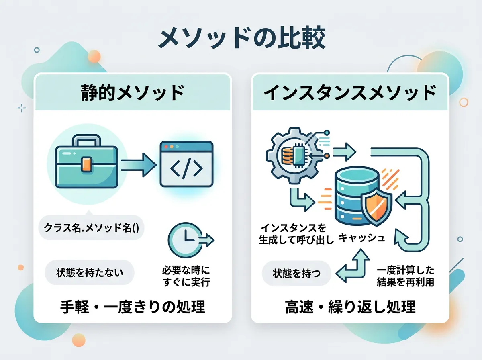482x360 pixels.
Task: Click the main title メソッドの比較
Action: coord(241,39)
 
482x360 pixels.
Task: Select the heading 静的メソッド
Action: coord(132,93)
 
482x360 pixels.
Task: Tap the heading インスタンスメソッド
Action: coord(349,93)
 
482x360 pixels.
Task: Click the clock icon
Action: coord(184,240)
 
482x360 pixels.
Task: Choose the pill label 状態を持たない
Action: coord(90,273)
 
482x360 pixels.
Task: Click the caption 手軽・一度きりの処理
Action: coord(133,307)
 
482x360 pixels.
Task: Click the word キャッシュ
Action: coord(362,238)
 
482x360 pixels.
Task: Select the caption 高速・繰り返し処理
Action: coord(350,307)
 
